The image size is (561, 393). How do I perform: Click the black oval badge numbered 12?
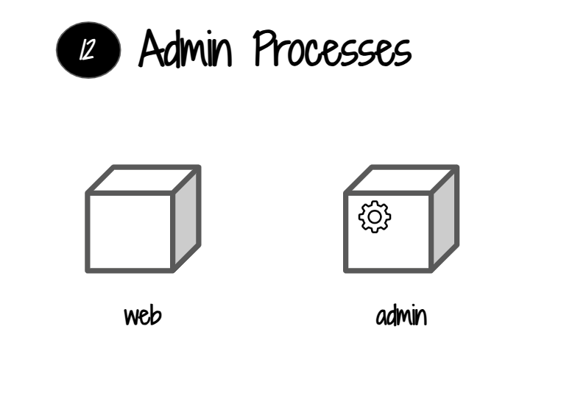coord(88,50)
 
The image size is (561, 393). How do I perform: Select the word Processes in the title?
coord(332,50)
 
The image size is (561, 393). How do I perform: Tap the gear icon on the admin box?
coord(375,216)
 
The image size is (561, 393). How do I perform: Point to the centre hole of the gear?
coord(375,216)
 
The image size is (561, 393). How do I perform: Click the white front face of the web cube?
coord(130,233)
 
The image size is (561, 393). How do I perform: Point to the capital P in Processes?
coord(267,49)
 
